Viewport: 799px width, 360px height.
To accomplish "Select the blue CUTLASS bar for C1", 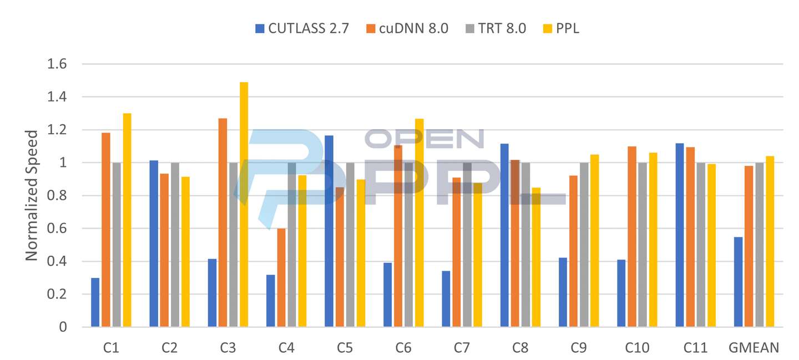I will pyautogui.click(x=95, y=302).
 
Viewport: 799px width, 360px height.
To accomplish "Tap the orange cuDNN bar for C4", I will pyautogui.click(x=281, y=277).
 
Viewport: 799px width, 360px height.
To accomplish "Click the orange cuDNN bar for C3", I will pyautogui.click(x=222, y=222).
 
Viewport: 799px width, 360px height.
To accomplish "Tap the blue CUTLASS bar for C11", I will pyautogui.click(x=680, y=235).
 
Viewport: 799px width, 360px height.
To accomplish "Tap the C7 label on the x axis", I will pyautogui.click(x=462, y=348).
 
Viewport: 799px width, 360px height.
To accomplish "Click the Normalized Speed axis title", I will pyautogui.click(x=32, y=195).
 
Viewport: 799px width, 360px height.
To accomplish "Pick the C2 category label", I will pyautogui.click(x=170, y=348).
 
